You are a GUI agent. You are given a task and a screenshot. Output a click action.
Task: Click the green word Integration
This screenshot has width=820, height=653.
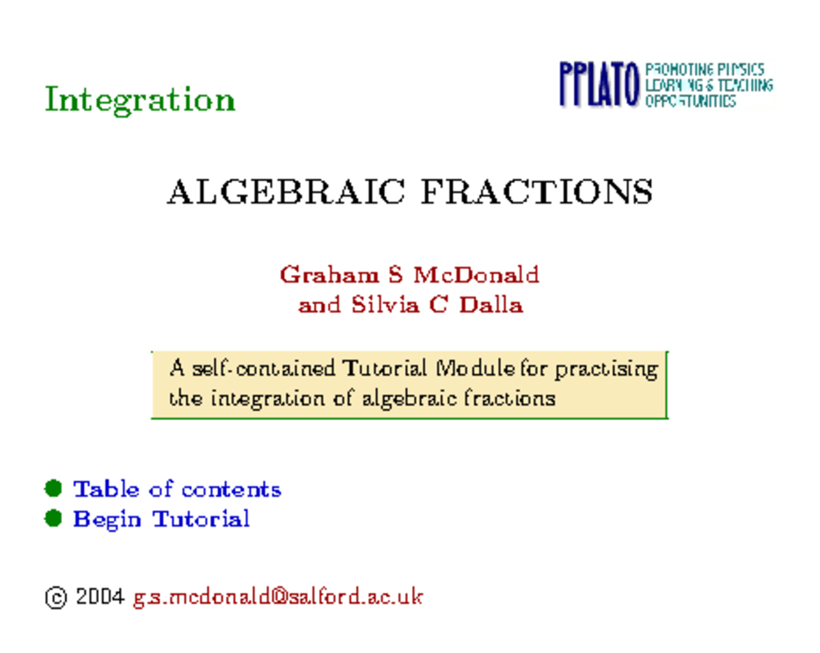139,100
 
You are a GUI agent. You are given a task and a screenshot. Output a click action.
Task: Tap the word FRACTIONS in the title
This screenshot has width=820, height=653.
536,192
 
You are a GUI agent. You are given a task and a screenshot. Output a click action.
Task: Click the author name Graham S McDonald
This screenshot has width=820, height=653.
409,275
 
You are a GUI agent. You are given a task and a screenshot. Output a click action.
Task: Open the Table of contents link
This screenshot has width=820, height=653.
177,489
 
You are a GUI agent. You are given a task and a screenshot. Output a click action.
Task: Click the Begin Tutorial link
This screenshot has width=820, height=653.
161,519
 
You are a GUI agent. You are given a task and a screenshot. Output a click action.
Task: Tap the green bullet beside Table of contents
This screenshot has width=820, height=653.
53,489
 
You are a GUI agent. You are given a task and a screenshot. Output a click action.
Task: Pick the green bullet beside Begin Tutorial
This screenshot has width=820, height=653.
53,519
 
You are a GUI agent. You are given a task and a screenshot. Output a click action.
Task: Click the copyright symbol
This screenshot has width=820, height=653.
55,598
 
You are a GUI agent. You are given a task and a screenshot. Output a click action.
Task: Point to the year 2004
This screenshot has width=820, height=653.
100,597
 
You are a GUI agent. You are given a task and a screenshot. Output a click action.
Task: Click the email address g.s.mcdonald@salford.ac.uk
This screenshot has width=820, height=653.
277,597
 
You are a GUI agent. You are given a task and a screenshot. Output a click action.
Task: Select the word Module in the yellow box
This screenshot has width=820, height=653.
474,369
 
